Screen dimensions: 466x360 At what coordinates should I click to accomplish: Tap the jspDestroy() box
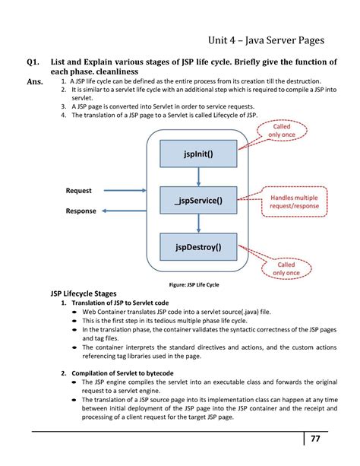tap(197, 247)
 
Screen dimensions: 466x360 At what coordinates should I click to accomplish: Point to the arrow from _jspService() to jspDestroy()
tap(198, 223)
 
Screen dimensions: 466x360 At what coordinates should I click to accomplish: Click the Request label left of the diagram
tap(79, 191)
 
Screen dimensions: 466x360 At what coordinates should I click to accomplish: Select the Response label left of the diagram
tap(81, 211)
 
